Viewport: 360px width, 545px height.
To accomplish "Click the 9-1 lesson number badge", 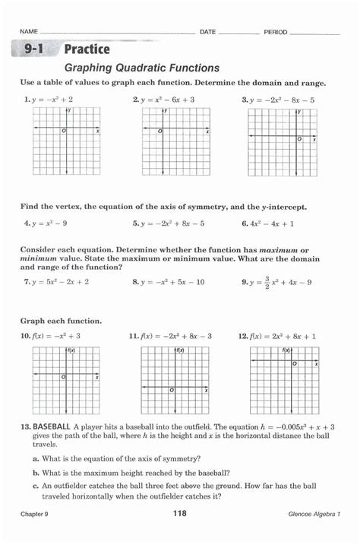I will [33, 50].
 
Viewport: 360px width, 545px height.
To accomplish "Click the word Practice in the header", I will [87, 50].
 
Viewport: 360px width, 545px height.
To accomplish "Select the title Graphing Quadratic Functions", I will [141, 68].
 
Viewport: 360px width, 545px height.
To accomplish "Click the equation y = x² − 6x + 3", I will [167, 100].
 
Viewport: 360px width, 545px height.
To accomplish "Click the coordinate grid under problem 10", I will [65, 380].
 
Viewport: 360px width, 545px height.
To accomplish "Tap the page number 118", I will [180, 515].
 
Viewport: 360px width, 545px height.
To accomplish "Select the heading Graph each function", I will [61, 321].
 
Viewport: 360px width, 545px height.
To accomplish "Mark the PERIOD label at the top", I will [276, 32].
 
